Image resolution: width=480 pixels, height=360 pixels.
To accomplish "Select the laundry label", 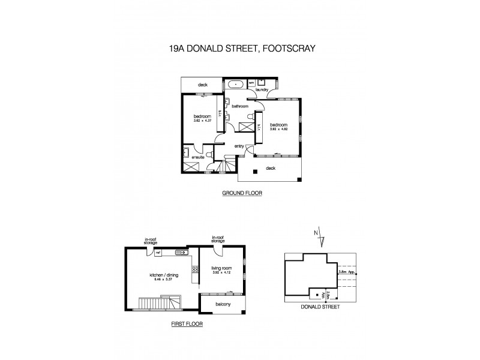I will tap(261, 90).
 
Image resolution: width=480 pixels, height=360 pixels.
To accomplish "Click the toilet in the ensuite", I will tap(209, 154).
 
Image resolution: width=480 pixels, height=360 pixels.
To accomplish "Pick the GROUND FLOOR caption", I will tap(242, 194).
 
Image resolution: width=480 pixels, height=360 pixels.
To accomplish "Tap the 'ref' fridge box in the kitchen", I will tap(157, 253).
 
